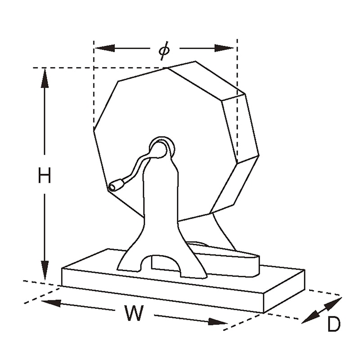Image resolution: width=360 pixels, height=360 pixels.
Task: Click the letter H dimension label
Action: pyautogui.click(x=44, y=175)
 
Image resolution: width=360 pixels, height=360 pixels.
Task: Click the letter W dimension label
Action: pyautogui.click(x=134, y=313)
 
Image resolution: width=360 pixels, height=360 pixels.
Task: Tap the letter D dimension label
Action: pyautogui.click(x=334, y=324)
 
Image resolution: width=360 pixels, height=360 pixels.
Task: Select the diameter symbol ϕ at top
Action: pyautogui.click(x=164, y=50)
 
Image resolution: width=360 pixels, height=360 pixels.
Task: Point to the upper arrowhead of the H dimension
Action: pyautogui.click(x=45, y=78)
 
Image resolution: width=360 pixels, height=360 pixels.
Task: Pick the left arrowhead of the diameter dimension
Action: pyautogui.click(x=105, y=48)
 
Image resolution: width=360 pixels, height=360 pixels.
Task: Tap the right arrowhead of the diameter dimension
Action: pyautogui.click(x=224, y=48)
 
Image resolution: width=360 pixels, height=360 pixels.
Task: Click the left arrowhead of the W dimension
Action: pyautogui.click(x=51, y=303)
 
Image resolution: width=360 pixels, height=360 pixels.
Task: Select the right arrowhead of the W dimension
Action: pyautogui.click(x=218, y=322)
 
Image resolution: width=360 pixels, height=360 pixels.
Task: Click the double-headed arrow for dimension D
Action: pyautogui.click(x=321, y=310)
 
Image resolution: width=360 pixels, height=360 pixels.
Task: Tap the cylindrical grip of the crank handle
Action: pyautogui.click(x=117, y=185)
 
